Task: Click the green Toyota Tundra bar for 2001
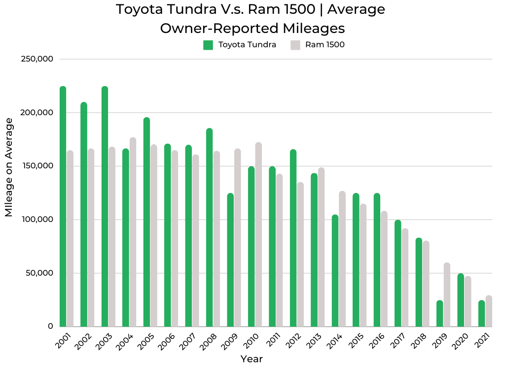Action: tap(63, 207)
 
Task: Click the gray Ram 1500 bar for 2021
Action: tap(489, 312)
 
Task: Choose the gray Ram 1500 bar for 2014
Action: tap(342, 259)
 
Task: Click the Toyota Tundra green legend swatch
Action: tap(208, 45)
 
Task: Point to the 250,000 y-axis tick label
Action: tap(37, 59)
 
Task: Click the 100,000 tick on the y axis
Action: tap(37, 220)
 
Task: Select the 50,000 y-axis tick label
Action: tap(39, 273)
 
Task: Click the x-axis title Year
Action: tap(252, 359)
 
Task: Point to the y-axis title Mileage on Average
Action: tap(9, 167)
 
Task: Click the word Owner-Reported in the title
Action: tap(210, 28)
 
